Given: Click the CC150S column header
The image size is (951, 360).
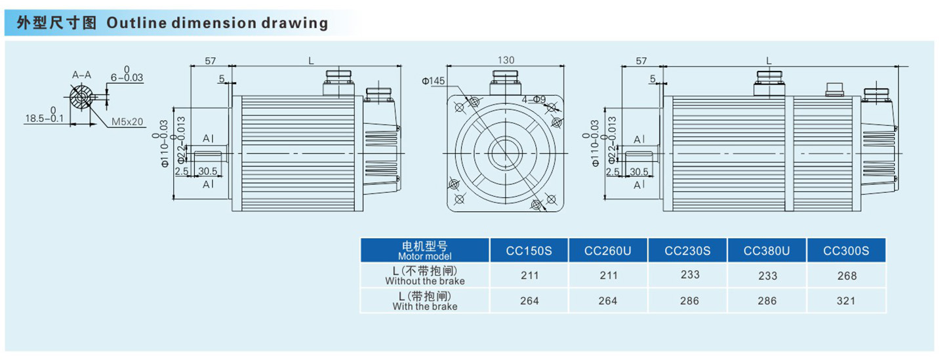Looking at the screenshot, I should pyautogui.click(x=529, y=250).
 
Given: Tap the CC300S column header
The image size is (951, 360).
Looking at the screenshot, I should pyautogui.click(x=846, y=250).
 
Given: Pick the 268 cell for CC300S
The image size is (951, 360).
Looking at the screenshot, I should pyautogui.click(x=847, y=276).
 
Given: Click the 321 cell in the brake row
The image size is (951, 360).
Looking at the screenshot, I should pyautogui.click(x=847, y=301).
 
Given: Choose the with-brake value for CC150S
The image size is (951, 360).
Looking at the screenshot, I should pyautogui.click(x=529, y=301).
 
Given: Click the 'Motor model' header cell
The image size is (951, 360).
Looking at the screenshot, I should pyautogui.click(x=425, y=250).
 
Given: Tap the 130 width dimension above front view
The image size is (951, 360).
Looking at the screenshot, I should pyautogui.click(x=506, y=60).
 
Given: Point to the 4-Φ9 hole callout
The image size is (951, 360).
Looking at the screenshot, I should pyautogui.click(x=535, y=99).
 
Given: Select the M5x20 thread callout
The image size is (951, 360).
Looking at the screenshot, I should pyautogui.click(x=127, y=122).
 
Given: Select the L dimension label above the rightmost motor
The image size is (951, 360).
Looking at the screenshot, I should pyautogui.click(x=769, y=60).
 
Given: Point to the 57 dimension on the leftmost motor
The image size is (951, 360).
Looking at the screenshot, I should pyautogui.click(x=211, y=60).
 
